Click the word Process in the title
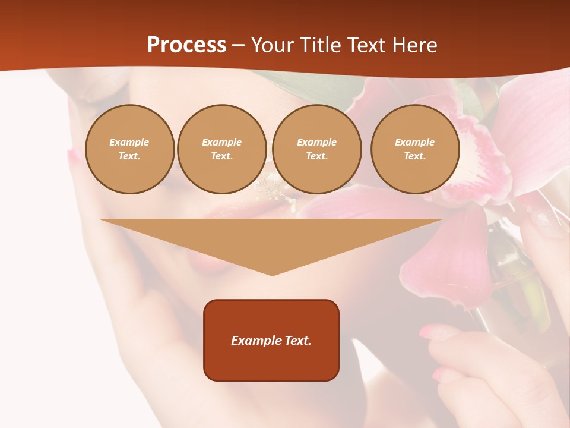pyautogui.click(x=186, y=45)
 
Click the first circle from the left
pyautogui.click(x=129, y=149)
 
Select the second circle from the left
pyautogui.click(x=222, y=149)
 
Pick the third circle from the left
pyautogui.click(x=316, y=149)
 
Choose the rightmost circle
pyautogui.click(x=415, y=149)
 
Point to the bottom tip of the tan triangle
pyautogui.click(x=272, y=275)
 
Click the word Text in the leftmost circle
pyautogui.click(x=128, y=156)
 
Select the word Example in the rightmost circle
pyautogui.click(x=414, y=142)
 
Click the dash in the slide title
pyautogui.click(x=239, y=45)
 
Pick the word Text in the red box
pyautogui.click(x=297, y=341)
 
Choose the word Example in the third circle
pyautogui.click(x=316, y=142)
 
